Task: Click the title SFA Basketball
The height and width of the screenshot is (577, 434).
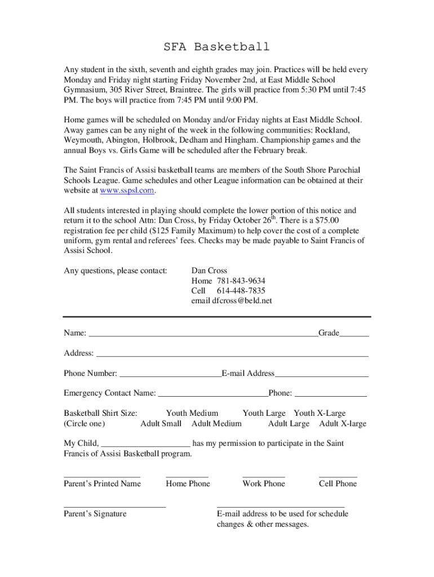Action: pos(216,47)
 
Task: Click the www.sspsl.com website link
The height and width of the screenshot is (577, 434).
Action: pos(127,191)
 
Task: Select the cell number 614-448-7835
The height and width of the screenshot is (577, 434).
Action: pos(241,291)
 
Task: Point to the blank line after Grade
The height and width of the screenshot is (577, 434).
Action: pos(355,336)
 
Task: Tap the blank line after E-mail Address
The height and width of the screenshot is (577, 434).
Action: pos(322,376)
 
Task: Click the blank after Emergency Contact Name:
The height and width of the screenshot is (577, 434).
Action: pos(213,396)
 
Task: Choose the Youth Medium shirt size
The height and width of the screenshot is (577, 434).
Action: pos(192,414)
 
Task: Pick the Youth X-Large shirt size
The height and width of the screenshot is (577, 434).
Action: pos(320,414)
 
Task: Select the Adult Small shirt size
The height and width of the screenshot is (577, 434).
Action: pos(161,424)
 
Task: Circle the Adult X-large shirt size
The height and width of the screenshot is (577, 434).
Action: pos(343,424)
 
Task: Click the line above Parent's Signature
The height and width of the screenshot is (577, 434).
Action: pos(115,507)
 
